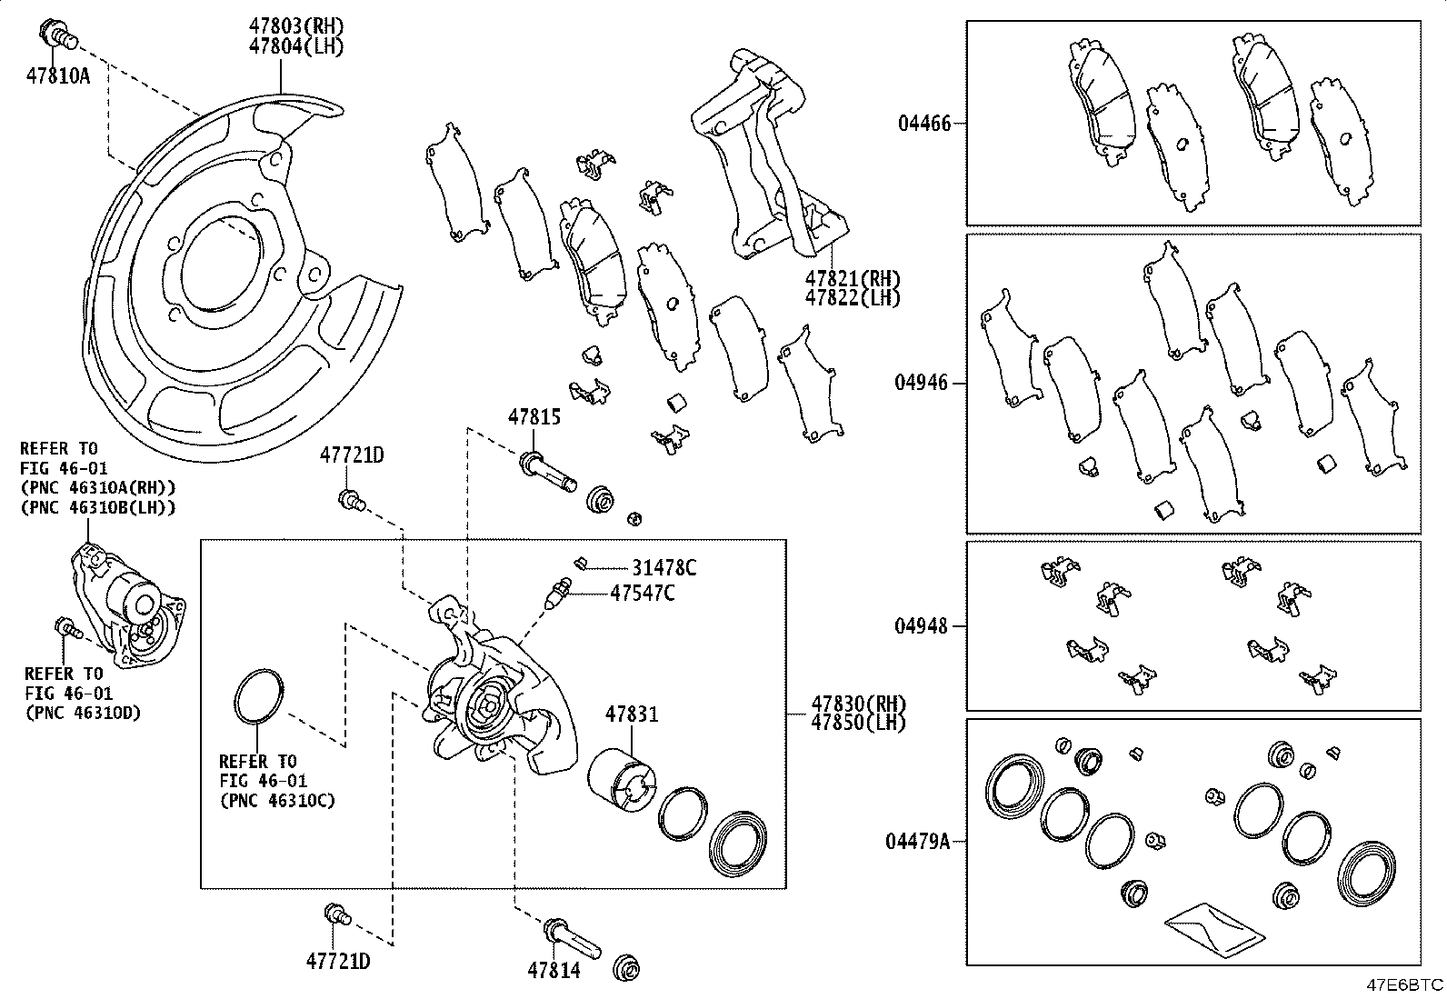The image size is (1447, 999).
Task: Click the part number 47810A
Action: point(58,75)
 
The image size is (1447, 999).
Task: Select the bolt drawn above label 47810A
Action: point(58,35)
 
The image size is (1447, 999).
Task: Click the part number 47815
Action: point(534,418)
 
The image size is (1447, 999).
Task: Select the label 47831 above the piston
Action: point(632,715)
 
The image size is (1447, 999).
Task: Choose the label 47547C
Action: point(643,594)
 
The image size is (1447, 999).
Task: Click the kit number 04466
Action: point(924,124)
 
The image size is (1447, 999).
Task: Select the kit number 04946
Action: point(921,383)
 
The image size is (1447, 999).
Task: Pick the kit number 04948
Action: point(921,626)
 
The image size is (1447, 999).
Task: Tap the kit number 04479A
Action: point(918,842)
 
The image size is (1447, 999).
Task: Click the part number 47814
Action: point(554,971)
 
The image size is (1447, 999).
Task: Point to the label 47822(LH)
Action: point(852,297)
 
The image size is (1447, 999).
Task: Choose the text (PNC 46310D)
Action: point(83,713)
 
